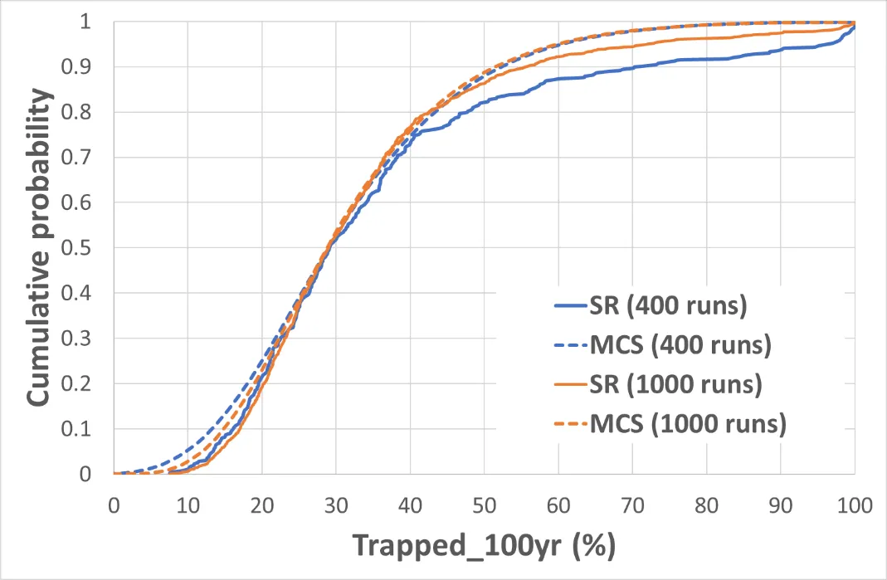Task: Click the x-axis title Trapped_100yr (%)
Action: click(x=484, y=545)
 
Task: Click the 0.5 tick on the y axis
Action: click(x=85, y=248)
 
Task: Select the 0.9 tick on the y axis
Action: click(x=85, y=66)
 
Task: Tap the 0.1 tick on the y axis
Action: click(x=85, y=430)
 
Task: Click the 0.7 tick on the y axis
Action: click(x=85, y=158)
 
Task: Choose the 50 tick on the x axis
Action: click(x=484, y=503)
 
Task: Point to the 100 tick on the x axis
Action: click(x=855, y=503)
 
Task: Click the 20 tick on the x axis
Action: click(x=261, y=503)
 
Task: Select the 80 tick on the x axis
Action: click(x=706, y=503)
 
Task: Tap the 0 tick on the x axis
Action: click(x=114, y=503)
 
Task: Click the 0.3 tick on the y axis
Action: click(x=85, y=339)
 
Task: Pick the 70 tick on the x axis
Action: click(x=632, y=503)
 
